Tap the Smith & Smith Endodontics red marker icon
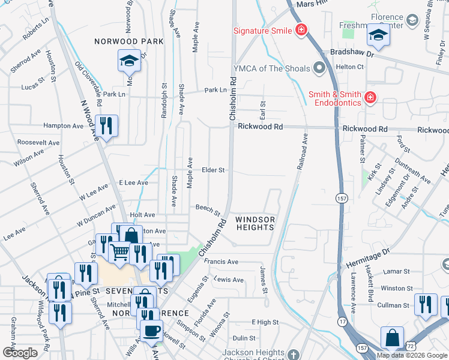[x=370, y=97]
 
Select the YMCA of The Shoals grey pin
[x=318, y=68]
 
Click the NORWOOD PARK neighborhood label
[x=129, y=41]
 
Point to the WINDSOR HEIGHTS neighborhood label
[x=255, y=223]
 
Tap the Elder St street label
[x=213, y=170]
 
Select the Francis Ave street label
[x=221, y=262]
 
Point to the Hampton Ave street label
[x=63, y=126]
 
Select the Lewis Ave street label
[x=229, y=280]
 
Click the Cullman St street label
[x=393, y=305]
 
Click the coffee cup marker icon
[x=151, y=329]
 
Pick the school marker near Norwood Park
[x=129, y=61]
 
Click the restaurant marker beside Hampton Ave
[x=107, y=125]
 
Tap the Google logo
[x=20, y=353]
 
